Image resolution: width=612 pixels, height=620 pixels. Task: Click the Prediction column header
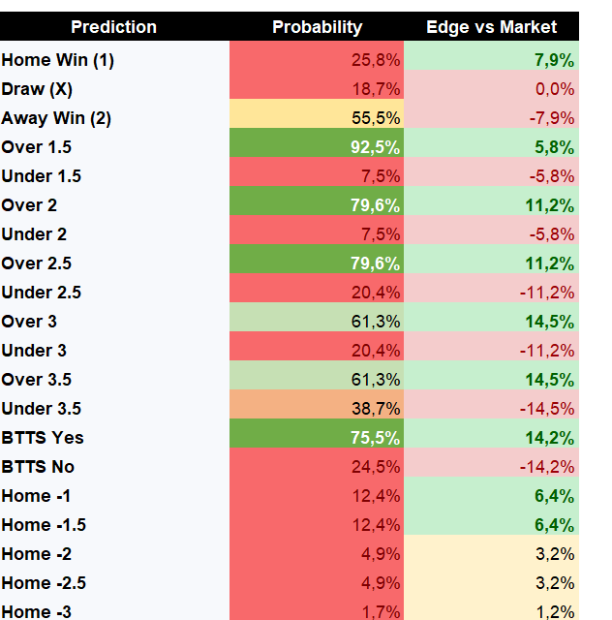(x=114, y=27)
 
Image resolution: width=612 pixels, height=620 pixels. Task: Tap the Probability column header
(x=317, y=27)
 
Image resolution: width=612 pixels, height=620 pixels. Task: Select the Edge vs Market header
(x=491, y=27)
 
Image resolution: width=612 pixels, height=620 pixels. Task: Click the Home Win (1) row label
(x=58, y=60)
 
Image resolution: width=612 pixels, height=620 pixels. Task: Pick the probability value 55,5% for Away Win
(x=376, y=118)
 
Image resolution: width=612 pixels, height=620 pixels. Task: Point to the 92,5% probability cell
(x=375, y=147)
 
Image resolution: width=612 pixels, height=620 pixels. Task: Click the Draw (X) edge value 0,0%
(x=555, y=89)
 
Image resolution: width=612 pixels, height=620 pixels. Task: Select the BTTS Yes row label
(x=43, y=438)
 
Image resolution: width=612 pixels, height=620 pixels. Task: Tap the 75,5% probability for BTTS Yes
(x=375, y=438)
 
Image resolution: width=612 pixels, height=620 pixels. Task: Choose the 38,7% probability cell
(x=376, y=409)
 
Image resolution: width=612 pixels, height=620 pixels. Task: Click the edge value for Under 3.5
(x=547, y=409)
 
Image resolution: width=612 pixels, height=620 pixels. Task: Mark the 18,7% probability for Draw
(x=376, y=89)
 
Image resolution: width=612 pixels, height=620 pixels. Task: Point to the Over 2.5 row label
(x=37, y=263)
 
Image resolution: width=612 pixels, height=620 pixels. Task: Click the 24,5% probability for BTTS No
(x=376, y=467)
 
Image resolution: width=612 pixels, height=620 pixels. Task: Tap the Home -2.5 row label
(x=44, y=583)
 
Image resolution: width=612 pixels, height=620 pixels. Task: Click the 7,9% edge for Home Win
(x=554, y=60)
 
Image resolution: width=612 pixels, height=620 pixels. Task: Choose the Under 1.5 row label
(x=41, y=176)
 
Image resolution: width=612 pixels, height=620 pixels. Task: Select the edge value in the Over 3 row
(x=549, y=322)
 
